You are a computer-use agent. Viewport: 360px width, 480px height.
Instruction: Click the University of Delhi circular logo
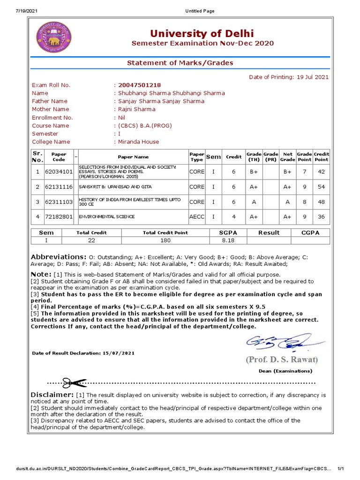point(55,38)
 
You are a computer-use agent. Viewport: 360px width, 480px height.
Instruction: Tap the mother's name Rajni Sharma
point(136,110)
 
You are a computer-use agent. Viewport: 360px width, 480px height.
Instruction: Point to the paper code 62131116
point(59,187)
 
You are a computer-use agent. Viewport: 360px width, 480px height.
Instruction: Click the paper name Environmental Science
point(106,217)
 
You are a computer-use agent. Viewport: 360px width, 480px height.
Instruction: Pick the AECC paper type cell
point(197,217)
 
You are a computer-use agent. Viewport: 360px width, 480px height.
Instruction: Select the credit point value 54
point(322,187)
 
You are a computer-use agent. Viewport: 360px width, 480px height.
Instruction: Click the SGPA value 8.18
point(228,240)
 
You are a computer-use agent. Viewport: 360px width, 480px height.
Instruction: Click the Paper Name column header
point(133,157)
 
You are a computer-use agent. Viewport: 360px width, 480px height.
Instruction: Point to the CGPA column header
point(310,232)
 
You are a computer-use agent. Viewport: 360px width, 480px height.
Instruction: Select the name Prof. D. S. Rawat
point(281,360)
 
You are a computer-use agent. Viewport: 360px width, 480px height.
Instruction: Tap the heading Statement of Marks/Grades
point(180,63)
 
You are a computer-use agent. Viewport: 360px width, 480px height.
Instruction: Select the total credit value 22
point(91,240)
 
